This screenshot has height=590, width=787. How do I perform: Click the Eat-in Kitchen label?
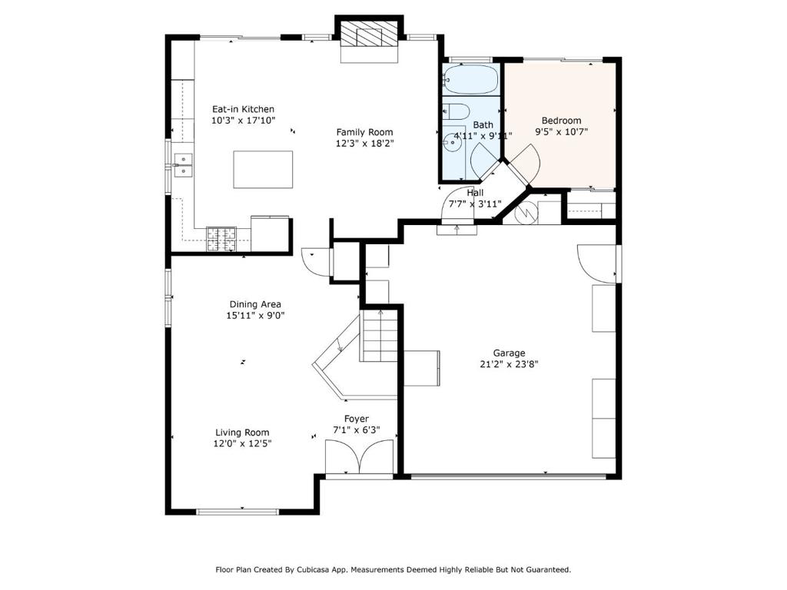pyautogui.click(x=243, y=109)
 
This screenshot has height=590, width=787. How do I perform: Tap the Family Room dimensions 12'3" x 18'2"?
pyautogui.click(x=365, y=144)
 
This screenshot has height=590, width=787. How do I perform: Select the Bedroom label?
pyautogui.click(x=561, y=121)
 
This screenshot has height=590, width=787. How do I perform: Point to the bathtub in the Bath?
pyautogui.click(x=471, y=79)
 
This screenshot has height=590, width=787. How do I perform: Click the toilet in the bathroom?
pyautogui.click(x=456, y=111)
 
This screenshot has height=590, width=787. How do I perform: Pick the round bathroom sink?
pyautogui.click(x=452, y=142)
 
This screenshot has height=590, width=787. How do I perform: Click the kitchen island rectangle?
pyautogui.click(x=263, y=170)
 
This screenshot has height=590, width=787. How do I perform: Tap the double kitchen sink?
pyautogui.click(x=183, y=166)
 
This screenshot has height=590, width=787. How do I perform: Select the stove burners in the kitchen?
pyautogui.click(x=221, y=240)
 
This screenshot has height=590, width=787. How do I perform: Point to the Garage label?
pyautogui.click(x=509, y=353)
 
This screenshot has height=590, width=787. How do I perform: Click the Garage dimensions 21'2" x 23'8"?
pyautogui.click(x=509, y=364)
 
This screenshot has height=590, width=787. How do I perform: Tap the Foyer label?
pyautogui.click(x=357, y=419)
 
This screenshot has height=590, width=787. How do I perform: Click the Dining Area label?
pyautogui.click(x=255, y=304)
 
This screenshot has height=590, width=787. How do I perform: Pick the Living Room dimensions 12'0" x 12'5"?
pyautogui.click(x=242, y=443)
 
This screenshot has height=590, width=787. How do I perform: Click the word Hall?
pyautogui.click(x=475, y=193)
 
